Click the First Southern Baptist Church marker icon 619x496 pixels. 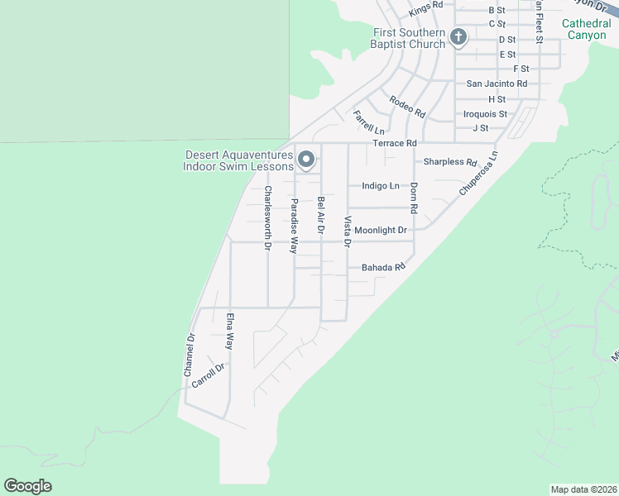tap(458, 36)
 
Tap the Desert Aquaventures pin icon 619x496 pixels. tap(306, 159)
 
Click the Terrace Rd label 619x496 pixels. tap(394, 143)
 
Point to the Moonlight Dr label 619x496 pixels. tap(381, 230)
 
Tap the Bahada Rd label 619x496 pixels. tap(383, 268)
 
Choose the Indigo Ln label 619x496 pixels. tap(381, 186)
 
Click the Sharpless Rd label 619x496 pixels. tap(451, 162)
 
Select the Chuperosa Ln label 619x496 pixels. tap(479, 173)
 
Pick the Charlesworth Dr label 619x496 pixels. tap(267, 217)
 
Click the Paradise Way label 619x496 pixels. tap(294, 225)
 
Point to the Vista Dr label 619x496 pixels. tap(348, 231)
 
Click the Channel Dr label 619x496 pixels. tap(190, 355)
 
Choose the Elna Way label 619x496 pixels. tap(230, 331)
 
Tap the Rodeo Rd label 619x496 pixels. tap(407, 107)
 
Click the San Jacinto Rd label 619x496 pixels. tap(497, 83)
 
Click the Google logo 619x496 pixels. tap(27, 486)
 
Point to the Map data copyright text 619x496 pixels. tap(584, 489)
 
